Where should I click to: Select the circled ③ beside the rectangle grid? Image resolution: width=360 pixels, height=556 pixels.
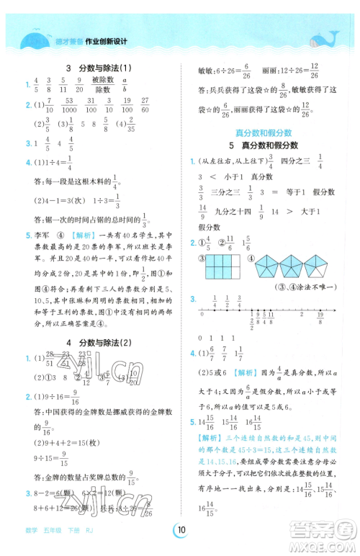click(x=203, y=256)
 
